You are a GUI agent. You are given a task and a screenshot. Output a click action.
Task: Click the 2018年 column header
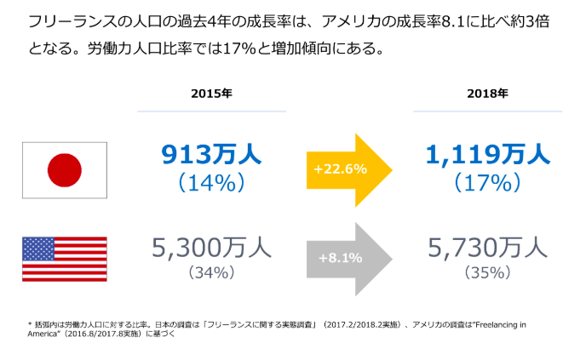(488, 93)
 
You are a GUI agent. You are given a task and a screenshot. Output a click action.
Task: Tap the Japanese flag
(65, 170)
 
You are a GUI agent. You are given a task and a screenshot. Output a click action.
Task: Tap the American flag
(65, 259)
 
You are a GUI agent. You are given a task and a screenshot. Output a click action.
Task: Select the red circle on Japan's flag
(65, 170)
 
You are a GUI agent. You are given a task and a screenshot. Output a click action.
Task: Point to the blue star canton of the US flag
(39, 249)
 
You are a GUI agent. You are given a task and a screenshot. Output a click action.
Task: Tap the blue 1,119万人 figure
(487, 154)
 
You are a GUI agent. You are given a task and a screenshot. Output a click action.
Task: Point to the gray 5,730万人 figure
(487, 247)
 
